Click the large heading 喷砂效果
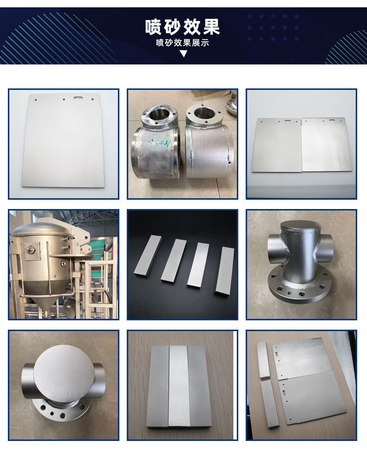pos(183,27)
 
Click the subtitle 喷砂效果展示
pos(183,43)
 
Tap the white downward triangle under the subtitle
pos(183,54)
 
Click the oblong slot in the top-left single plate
pos(78,97)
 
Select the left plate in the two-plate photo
pos(277,145)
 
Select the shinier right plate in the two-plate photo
pos(327,145)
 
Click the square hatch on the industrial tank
pos(31,251)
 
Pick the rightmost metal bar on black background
pos(225,270)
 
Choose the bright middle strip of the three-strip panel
pos(179,385)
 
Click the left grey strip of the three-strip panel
pos(158,387)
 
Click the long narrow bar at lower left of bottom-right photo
pos(270,404)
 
